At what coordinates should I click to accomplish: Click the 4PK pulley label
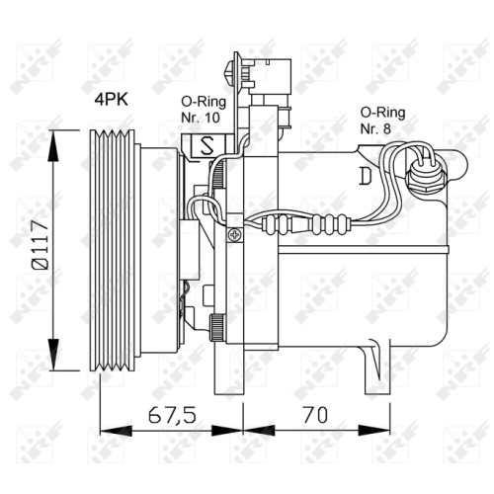[x=112, y=99]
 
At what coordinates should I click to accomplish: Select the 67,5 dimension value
[x=172, y=415]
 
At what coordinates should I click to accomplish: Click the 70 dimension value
[x=315, y=415]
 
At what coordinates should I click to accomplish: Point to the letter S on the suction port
[x=207, y=145]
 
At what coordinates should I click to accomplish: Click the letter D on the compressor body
[x=366, y=176]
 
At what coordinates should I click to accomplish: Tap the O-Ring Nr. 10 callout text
[x=204, y=110]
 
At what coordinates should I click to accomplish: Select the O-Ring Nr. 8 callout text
[x=382, y=121]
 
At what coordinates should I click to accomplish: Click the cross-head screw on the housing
[x=235, y=235]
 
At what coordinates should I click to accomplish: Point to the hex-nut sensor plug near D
[x=426, y=179]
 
